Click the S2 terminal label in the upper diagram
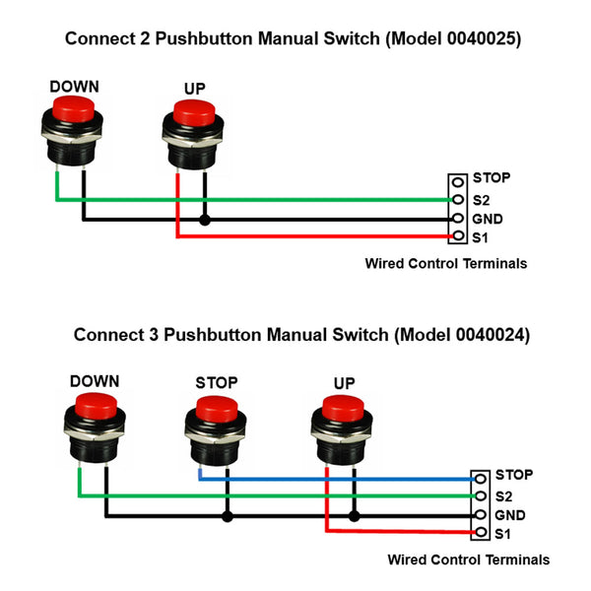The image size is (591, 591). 480,199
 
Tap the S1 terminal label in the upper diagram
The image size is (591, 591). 480,238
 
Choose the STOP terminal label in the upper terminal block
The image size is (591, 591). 491,178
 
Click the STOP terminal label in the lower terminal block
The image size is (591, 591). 514,475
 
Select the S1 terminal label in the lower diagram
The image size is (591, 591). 503,535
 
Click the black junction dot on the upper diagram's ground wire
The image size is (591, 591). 205,219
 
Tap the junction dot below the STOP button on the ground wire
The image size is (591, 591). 228,515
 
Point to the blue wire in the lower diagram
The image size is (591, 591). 345,478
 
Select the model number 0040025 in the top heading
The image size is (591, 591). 480,40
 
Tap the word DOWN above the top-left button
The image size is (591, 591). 74,86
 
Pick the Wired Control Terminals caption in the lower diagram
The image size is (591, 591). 468,559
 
